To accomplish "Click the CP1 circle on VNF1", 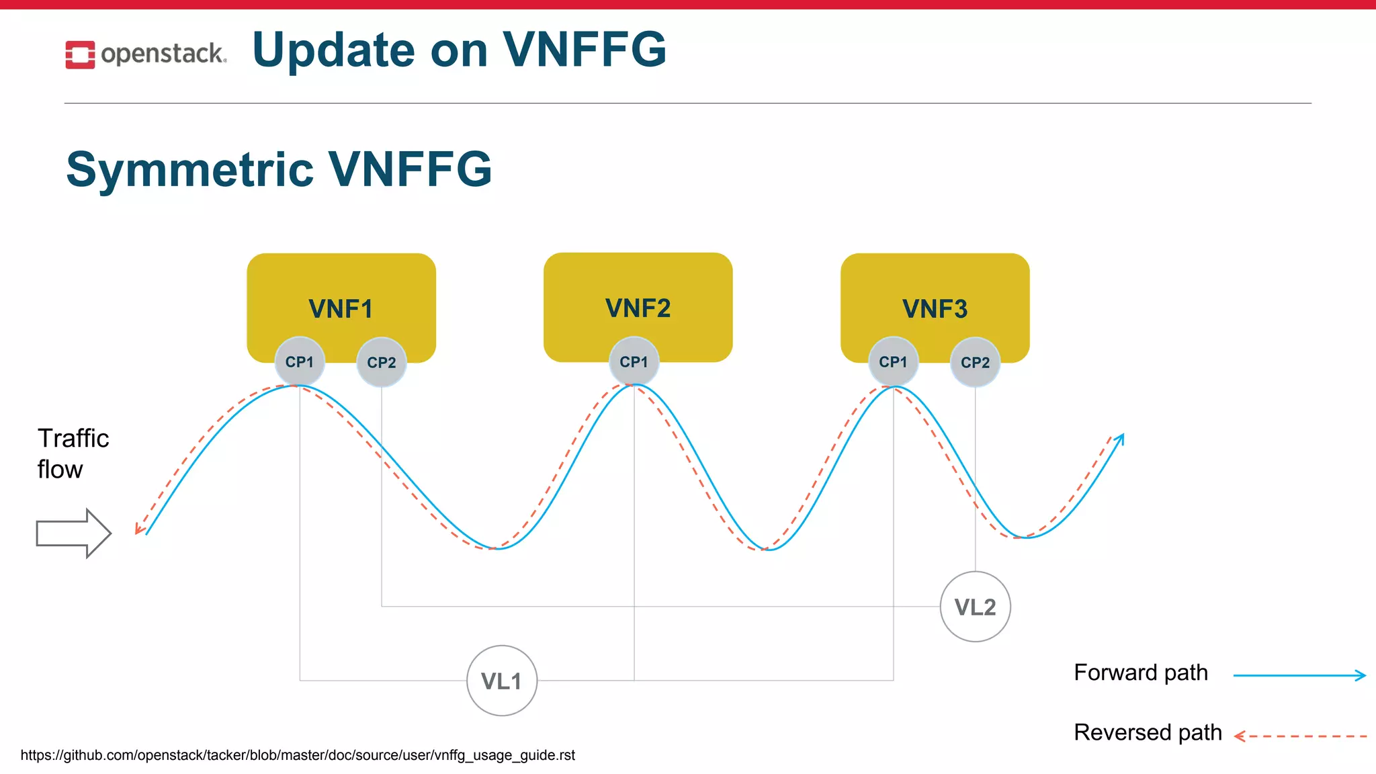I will point(300,361).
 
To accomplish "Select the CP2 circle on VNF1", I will point(382,362).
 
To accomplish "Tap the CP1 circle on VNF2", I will point(634,361).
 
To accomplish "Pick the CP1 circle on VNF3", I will point(894,361).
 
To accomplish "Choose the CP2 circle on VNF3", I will point(976,362).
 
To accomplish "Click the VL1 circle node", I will point(502,681).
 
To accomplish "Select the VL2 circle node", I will point(976,607).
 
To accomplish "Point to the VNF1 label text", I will point(341,309).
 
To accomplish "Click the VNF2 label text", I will point(638,308).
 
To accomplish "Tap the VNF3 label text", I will point(935,309).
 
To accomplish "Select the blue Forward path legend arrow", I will point(1299,675).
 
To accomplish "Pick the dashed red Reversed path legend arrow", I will point(1301,736).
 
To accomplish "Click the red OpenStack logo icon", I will point(80,54).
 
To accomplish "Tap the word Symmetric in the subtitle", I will point(189,169).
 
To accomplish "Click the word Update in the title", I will point(334,50).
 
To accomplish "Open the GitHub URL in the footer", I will point(298,755).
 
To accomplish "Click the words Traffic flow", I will point(73,454).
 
